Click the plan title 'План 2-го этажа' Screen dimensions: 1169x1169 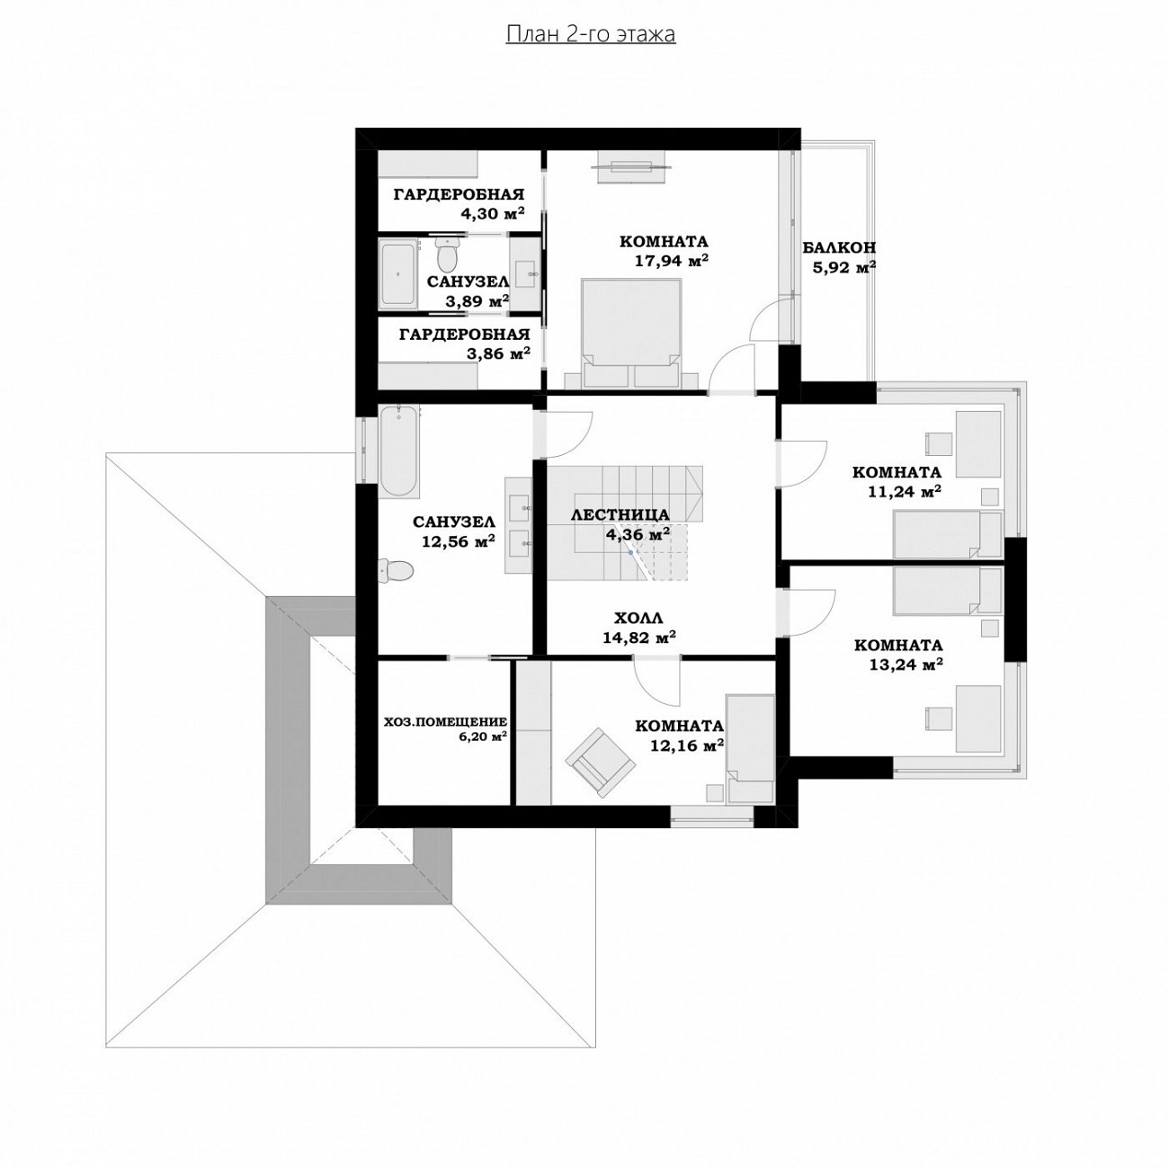point(590,34)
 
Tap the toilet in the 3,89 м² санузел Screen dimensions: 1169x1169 point(448,254)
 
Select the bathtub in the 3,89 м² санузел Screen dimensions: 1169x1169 point(398,273)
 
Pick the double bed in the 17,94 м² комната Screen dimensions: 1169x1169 point(631,333)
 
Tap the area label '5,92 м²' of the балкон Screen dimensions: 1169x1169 point(843,268)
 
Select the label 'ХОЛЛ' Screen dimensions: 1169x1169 point(638,619)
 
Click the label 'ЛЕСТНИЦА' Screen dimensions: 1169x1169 point(620,514)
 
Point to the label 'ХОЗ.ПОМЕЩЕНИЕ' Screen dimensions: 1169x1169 point(445,722)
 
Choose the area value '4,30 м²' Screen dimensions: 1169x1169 point(492,213)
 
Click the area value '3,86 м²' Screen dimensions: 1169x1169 point(499,353)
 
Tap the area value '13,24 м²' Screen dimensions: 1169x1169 point(906,665)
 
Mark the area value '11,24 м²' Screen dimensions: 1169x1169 point(905,491)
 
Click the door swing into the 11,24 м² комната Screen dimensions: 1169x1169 point(803,463)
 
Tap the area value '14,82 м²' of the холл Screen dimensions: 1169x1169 point(639,638)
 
